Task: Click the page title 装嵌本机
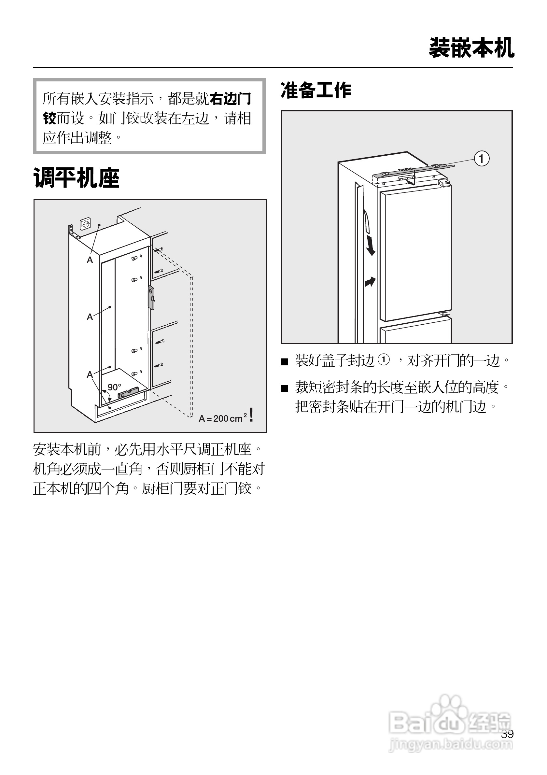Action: coord(471,48)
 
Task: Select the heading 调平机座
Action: coord(77,178)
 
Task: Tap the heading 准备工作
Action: coord(316,91)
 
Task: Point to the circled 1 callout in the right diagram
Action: coord(482,159)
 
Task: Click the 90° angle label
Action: coord(114,387)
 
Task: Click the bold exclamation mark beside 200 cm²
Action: coord(251,415)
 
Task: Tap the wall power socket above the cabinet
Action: coord(85,224)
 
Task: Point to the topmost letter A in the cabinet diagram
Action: coord(90,260)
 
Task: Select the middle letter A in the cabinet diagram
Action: coord(90,317)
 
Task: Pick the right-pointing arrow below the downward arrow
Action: coord(370,281)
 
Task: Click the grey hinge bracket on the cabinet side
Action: coord(151,297)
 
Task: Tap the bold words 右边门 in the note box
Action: coord(231,99)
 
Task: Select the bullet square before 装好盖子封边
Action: coord(285,362)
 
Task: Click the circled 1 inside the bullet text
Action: coord(384,359)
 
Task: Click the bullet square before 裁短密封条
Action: coord(285,388)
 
